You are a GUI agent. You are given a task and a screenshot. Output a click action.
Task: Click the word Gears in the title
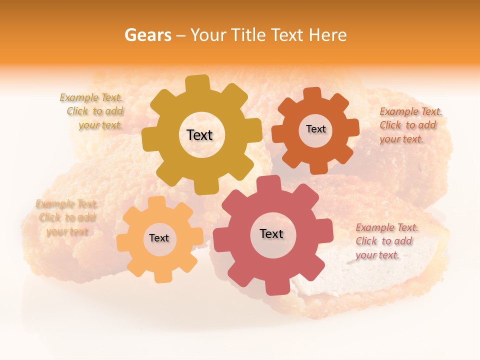pyautogui.click(x=148, y=35)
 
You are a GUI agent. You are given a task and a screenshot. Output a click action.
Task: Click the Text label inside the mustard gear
pyautogui.click(x=199, y=135)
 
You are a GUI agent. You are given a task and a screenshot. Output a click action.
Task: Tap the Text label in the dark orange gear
pyautogui.click(x=315, y=129)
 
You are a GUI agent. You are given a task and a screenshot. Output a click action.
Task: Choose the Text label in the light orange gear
pyautogui.click(x=159, y=238)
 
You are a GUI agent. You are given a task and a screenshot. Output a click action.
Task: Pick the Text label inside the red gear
pyautogui.click(x=271, y=233)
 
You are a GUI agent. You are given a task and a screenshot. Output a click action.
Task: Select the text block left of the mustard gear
pyautogui.click(x=92, y=111)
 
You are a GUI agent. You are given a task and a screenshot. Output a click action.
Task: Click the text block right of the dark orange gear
pyautogui.click(x=410, y=125)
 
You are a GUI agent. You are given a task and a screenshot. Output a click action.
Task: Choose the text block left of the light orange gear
pyautogui.click(x=67, y=217)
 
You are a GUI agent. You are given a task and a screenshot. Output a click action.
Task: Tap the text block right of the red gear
pyautogui.click(x=386, y=241)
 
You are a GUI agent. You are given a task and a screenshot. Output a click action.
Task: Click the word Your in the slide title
pyautogui.click(x=208, y=35)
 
